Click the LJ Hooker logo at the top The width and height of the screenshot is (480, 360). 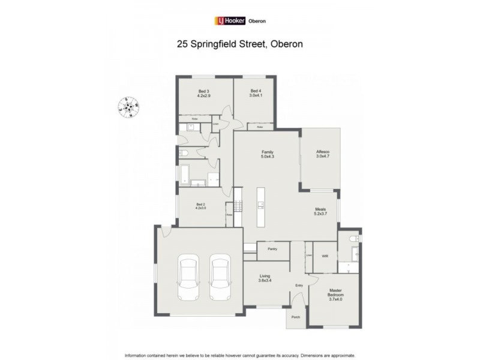229,20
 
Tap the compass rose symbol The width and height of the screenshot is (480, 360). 128,108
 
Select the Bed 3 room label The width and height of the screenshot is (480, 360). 203,93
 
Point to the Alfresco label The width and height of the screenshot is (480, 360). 323,154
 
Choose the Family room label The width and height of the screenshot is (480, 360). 267,154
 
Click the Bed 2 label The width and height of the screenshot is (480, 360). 201,206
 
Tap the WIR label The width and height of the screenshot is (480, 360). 325,256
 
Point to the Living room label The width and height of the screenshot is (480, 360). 265,278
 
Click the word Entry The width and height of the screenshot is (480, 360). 298,286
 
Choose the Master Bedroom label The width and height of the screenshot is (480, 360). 335,296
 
